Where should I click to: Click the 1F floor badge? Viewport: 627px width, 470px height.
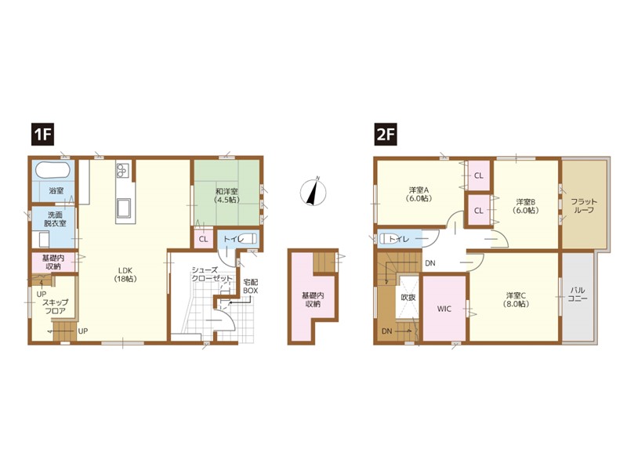pyautogui.click(x=43, y=134)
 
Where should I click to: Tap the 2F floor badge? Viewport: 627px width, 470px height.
pyautogui.click(x=386, y=134)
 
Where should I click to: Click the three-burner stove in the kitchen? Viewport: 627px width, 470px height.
pyautogui.click(x=122, y=170)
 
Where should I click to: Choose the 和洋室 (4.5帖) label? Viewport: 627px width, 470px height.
pyautogui.click(x=227, y=194)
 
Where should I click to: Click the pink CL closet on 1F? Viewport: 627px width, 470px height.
pyautogui.click(x=204, y=240)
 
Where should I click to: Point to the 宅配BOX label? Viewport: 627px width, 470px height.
pyautogui.click(x=250, y=287)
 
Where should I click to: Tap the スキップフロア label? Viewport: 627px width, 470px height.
pyautogui.click(x=55, y=306)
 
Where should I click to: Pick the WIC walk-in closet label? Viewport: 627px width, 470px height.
pyautogui.click(x=444, y=309)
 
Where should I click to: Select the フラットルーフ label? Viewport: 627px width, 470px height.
pyautogui.click(x=584, y=206)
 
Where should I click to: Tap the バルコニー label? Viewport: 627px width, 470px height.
pyautogui.click(x=578, y=294)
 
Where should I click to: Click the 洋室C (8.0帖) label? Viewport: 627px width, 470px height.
pyautogui.click(x=516, y=299)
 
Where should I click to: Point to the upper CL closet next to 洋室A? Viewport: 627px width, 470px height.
pyautogui.click(x=479, y=175)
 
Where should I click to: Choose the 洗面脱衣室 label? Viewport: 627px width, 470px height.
pyautogui.click(x=55, y=219)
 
